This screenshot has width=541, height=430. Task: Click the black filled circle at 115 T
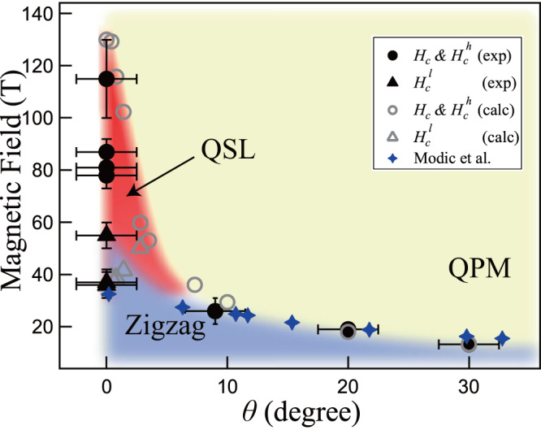pos(106,78)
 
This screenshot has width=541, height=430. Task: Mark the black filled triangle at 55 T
pos(106,234)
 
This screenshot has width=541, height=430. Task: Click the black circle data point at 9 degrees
pos(215,311)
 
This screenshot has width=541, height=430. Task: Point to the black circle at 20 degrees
pos(348,331)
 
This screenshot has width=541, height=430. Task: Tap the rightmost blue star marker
pos(502,338)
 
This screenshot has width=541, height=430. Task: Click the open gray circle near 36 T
pos(195,284)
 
